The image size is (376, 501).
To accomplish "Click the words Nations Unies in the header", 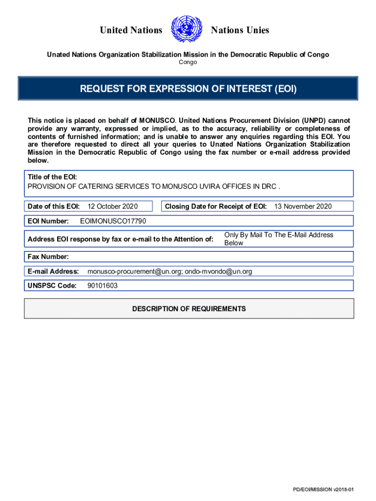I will tap(240, 30).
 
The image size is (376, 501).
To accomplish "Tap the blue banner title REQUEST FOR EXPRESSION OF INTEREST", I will tap(188, 89).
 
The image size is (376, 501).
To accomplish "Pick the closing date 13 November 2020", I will tap(303, 206).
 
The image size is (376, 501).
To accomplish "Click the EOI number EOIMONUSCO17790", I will tap(113, 221).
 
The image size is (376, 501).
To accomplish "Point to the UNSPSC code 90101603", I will tap(103, 286).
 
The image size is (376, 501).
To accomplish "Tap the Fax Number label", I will tap(48, 256).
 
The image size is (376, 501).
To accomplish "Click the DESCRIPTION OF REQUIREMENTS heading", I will tap(189, 309).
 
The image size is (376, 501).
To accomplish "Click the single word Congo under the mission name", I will tap(188, 63).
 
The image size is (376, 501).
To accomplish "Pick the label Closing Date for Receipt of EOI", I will tap(216, 206).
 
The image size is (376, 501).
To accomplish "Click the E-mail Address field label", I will tap(53, 271).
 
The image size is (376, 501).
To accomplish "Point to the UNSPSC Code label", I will tap(52, 286).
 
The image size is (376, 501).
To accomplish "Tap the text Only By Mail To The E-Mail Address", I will tap(279, 235).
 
